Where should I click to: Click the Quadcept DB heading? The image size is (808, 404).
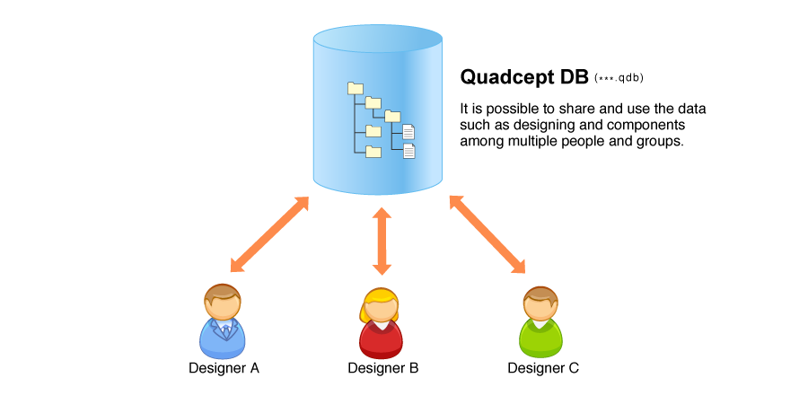coord(524,77)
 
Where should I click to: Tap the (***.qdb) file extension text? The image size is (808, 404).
coord(619,78)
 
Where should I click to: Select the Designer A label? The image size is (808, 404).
coord(224,368)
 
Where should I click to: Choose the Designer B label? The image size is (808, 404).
coord(382,368)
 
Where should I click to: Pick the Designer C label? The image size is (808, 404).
coord(543,368)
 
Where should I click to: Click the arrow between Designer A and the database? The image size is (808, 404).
coord(269,234)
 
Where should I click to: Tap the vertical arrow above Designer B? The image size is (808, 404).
coord(382,242)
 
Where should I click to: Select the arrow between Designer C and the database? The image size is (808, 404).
coord(487,234)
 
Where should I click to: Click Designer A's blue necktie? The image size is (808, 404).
coord(225,330)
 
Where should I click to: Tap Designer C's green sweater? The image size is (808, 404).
coord(540,339)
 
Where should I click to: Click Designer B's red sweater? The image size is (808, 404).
coord(381,339)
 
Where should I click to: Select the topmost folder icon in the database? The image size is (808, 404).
coord(356,88)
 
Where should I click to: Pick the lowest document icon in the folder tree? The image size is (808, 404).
coord(409,151)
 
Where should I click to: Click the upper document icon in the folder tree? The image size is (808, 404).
coord(408,131)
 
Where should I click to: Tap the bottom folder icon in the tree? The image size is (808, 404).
coord(373,151)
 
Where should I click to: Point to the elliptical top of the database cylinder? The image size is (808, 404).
coord(378,40)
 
